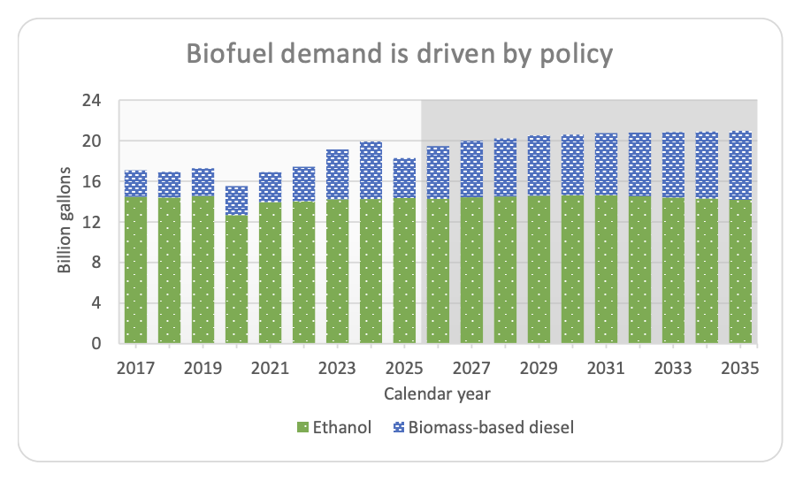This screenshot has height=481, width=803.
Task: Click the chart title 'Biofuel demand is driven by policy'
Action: point(399,54)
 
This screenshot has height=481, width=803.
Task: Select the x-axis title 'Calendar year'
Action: point(438,392)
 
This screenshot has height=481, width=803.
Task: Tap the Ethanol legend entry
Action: point(335,428)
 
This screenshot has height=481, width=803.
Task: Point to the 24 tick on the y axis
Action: point(92,101)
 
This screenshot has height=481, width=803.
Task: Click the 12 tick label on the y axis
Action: point(92,222)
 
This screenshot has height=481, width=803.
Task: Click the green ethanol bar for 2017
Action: point(135,270)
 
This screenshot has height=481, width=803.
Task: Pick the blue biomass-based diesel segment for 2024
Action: point(371,171)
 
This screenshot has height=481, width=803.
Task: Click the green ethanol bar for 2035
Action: point(740,271)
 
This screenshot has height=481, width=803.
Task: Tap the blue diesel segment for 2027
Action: point(471,169)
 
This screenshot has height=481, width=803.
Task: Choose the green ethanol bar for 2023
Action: point(337,271)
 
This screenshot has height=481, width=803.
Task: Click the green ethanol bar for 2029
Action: point(539,269)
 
